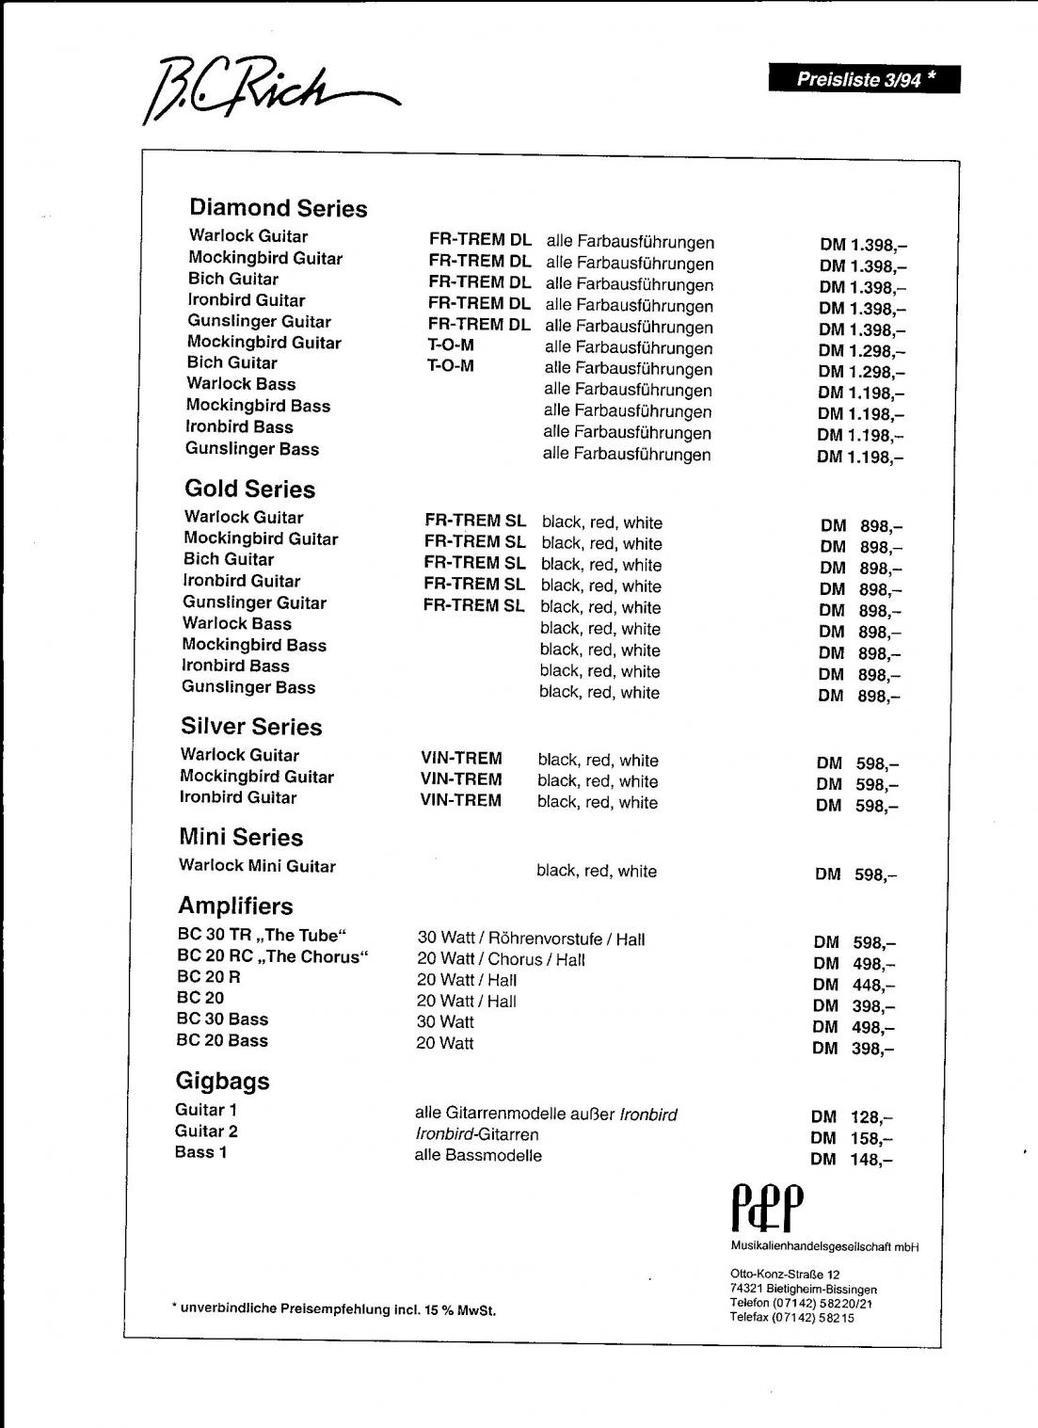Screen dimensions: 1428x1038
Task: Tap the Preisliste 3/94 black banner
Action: (x=864, y=79)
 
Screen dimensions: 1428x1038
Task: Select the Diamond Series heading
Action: (x=278, y=208)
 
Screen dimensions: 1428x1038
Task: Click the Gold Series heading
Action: (x=249, y=489)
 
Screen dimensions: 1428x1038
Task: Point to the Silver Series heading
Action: (x=251, y=727)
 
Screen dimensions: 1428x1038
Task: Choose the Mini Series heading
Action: (x=241, y=837)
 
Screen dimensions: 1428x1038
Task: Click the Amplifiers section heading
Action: (x=235, y=906)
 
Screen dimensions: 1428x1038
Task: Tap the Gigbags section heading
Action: (x=222, y=1081)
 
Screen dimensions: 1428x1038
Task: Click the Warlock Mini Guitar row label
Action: (x=257, y=866)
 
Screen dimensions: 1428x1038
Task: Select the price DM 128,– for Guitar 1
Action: (x=852, y=1117)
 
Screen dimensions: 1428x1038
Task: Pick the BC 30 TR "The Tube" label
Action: (x=262, y=936)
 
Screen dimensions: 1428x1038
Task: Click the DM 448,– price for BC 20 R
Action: (x=854, y=985)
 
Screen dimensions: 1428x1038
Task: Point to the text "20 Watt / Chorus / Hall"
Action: (x=501, y=959)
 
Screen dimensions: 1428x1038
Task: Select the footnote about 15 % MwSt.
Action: (x=334, y=1309)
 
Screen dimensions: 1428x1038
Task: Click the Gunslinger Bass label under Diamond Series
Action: (x=252, y=449)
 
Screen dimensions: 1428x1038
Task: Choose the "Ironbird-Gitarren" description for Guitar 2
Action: (x=476, y=1134)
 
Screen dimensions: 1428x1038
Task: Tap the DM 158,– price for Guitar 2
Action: (x=852, y=1138)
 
